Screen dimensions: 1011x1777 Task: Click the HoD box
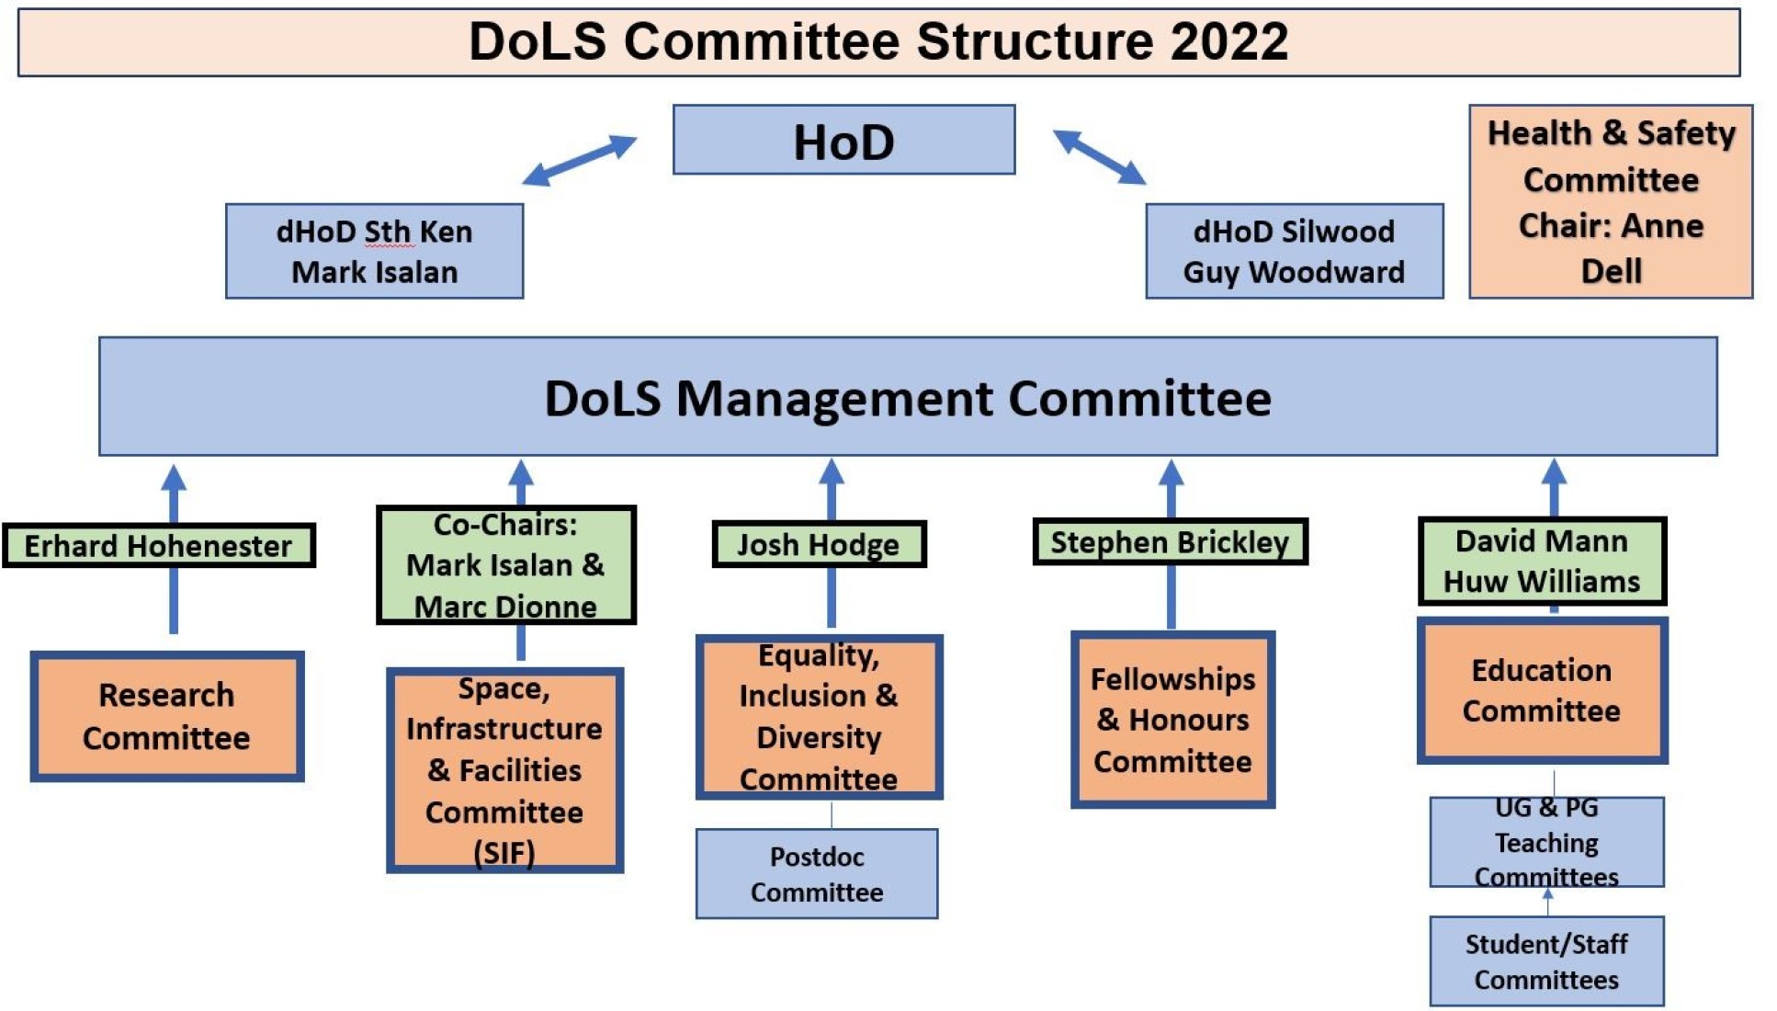[x=843, y=140]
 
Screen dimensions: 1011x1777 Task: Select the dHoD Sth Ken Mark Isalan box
[x=374, y=251]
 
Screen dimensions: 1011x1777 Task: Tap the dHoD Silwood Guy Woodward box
[x=1294, y=251]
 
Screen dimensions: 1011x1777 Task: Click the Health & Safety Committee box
[x=1610, y=201]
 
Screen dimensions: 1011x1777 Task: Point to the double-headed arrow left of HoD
[x=579, y=160]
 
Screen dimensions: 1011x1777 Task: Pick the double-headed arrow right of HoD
[x=1099, y=157]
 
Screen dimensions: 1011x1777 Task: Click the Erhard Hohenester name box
[x=158, y=545]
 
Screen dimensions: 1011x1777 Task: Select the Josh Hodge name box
[x=818, y=544]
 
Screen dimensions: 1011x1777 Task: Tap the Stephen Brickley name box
[x=1169, y=541]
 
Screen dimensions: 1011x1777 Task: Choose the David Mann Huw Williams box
[x=1541, y=561]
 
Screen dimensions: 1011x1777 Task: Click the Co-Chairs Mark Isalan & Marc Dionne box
[x=505, y=564]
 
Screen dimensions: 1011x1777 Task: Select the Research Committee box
[x=166, y=716]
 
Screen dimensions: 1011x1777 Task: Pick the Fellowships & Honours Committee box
[x=1172, y=720]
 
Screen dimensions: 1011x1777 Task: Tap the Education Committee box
[x=1541, y=690]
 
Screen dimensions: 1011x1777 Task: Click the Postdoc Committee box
[x=816, y=873]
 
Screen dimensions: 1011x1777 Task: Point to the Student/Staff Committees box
[x=1545, y=960]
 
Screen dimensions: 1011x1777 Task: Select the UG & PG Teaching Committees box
[x=1545, y=841]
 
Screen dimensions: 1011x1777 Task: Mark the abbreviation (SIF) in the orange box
[x=504, y=853]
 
